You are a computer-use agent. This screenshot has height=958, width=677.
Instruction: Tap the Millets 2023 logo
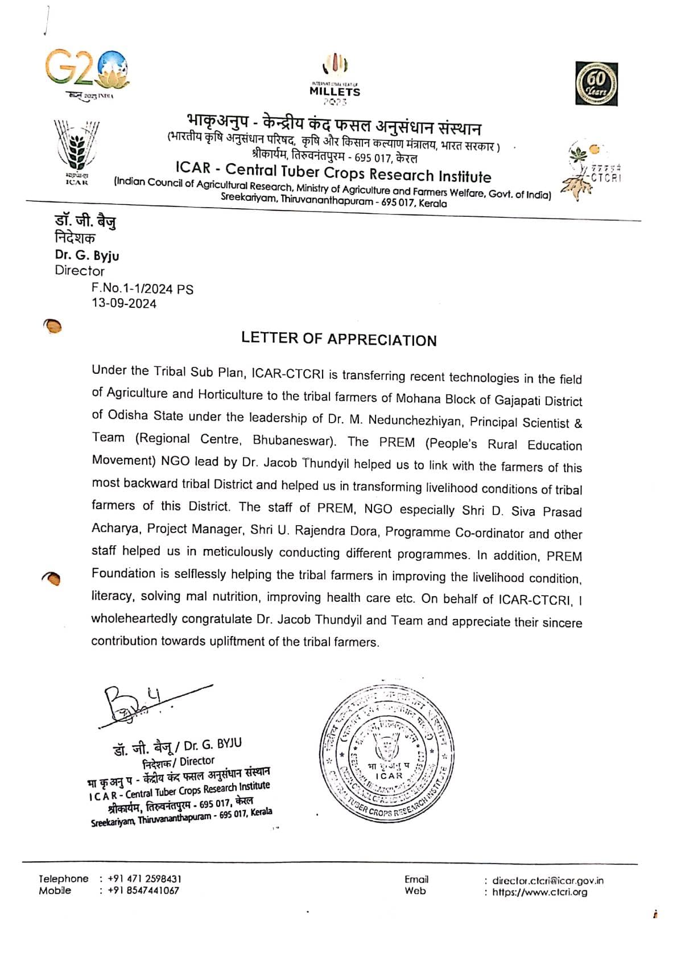[335, 80]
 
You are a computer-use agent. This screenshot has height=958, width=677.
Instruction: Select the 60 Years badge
[596, 84]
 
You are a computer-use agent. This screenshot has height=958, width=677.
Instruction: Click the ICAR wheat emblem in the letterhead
[76, 150]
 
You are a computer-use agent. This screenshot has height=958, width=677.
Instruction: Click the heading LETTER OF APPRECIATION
[338, 340]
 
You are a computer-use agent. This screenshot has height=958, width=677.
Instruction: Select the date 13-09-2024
[124, 303]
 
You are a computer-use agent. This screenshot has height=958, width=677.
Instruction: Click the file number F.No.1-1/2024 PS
[142, 288]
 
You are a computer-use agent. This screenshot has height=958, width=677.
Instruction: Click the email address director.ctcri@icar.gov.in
[547, 881]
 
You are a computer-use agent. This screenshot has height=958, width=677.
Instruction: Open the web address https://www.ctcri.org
[539, 892]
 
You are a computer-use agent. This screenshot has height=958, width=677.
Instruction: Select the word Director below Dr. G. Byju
[80, 271]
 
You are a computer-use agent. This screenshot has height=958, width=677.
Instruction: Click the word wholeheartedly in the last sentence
[134, 618]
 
